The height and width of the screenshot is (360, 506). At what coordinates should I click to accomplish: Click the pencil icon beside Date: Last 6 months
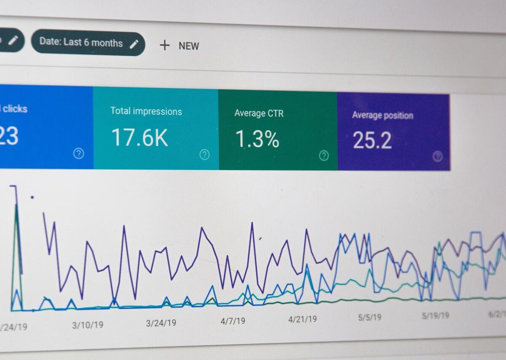coord(134,44)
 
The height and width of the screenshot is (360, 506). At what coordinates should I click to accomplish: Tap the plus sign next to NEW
coord(164,45)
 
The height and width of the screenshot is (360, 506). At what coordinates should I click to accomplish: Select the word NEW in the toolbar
coord(188,46)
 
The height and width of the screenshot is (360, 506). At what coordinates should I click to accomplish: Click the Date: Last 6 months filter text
coord(81,42)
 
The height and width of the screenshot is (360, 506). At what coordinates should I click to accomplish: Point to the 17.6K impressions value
coord(140,137)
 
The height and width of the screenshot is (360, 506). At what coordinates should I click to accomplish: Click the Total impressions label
coord(146,111)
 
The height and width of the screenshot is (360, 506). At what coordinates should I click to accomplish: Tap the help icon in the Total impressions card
coord(205,155)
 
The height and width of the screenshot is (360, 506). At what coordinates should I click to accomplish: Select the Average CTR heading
coord(259,113)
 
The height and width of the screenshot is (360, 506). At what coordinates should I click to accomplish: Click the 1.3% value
coord(257,139)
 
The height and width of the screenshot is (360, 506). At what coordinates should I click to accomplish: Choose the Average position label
coord(382,115)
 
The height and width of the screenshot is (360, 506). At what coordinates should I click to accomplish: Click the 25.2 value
coord(372,140)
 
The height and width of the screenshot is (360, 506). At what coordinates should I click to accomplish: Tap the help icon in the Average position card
coord(438,156)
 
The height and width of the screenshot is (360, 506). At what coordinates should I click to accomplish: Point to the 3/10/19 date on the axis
coord(87,325)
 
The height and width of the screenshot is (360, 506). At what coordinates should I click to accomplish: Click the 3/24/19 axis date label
coord(161,323)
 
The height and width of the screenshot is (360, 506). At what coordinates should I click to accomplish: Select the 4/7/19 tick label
coord(233,321)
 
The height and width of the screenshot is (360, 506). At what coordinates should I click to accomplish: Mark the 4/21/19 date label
coord(302,319)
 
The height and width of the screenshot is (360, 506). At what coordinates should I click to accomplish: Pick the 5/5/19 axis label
coord(370,317)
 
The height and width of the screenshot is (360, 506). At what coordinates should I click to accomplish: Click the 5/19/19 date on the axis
coord(436,316)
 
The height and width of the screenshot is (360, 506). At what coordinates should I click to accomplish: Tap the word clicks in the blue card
coord(15,109)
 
